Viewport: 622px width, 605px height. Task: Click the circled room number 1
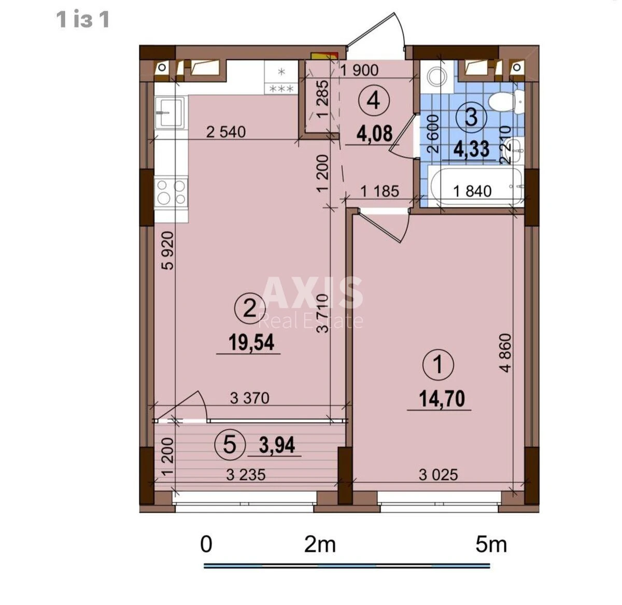coord(439,364)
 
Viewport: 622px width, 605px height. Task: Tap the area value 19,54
coord(251,343)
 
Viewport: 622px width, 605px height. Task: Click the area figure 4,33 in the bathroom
coord(472,149)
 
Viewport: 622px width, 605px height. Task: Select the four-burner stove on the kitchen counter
coord(171,192)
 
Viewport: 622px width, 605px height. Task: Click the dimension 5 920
coord(168,250)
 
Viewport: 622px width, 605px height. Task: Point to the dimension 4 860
coord(505,353)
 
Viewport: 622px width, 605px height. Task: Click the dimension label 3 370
coord(250,398)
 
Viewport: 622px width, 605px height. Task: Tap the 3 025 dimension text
coord(439,474)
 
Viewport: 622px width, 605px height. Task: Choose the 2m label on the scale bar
coord(320,544)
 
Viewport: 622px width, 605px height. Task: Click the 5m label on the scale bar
coord(491,544)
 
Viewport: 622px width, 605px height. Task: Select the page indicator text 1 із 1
coord(83,20)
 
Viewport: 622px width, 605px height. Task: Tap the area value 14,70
coord(442,399)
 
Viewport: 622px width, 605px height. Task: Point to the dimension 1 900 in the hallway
coord(359,70)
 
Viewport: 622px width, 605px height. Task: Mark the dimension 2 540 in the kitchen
coord(226,132)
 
